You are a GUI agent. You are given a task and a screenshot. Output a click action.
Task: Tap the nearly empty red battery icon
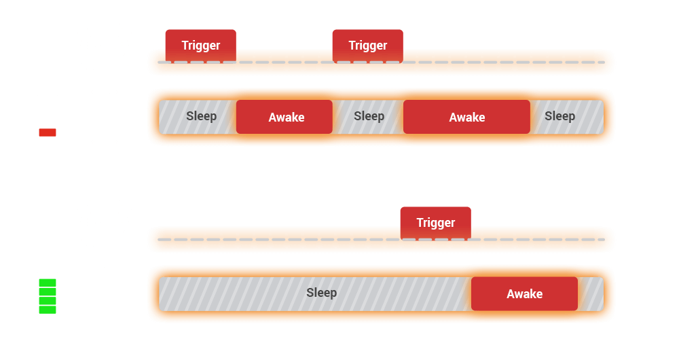pyautogui.click(x=48, y=117)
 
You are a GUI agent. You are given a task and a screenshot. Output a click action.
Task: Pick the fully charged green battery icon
pyautogui.click(x=48, y=293)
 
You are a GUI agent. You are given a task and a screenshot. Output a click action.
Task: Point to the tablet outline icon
pyautogui.click(x=105, y=294)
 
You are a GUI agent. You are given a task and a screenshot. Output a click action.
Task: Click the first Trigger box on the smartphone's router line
pyautogui.click(x=200, y=46)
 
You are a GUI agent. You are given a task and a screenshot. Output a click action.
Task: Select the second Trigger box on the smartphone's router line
pyautogui.click(x=367, y=46)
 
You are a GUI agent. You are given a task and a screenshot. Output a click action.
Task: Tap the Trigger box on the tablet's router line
pyautogui.click(x=435, y=222)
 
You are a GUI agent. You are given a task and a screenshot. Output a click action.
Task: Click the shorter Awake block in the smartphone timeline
pyautogui.click(x=285, y=117)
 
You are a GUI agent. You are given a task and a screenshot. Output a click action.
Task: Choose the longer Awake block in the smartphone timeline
pyautogui.click(x=466, y=117)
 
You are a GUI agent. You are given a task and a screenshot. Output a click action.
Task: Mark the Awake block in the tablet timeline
pyautogui.click(x=524, y=293)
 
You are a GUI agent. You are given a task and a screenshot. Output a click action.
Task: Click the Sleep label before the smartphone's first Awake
pyautogui.click(x=201, y=116)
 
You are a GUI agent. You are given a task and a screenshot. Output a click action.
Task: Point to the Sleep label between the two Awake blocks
pyautogui.click(x=369, y=116)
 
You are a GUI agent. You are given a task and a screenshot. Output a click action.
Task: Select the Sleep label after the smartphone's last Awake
pyautogui.click(x=559, y=116)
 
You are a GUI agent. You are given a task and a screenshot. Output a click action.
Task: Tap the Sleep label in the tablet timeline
pyautogui.click(x=321, y=293)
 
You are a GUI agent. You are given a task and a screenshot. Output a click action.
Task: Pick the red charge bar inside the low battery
pyautogui.click(x=48, y=132)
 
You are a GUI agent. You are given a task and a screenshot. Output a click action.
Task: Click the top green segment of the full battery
pyautogui.click(x=48, y=282)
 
